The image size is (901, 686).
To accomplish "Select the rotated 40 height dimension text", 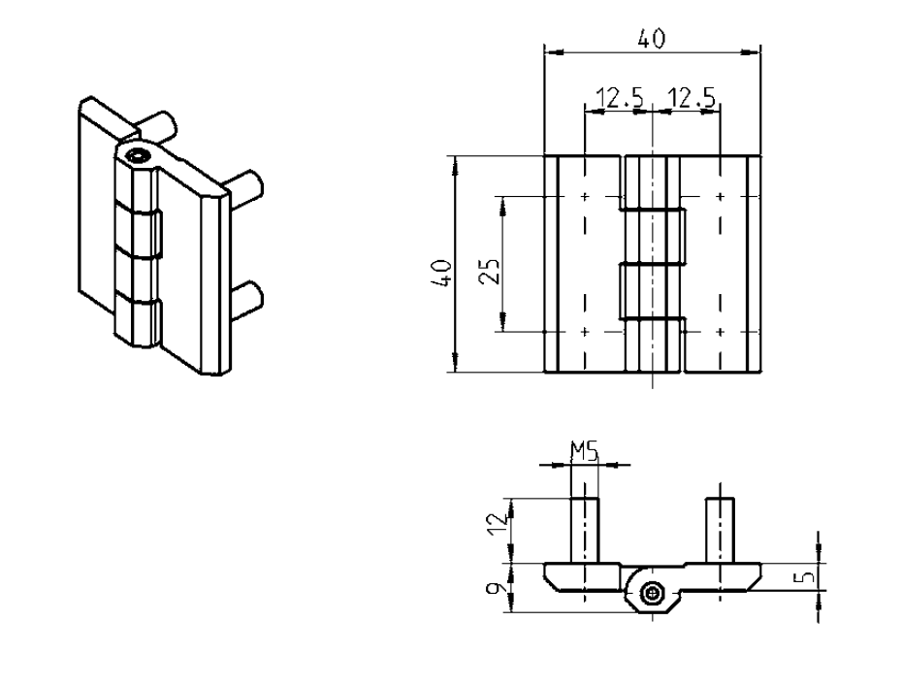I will [443, 271].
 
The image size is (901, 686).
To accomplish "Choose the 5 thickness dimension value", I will [805, 578].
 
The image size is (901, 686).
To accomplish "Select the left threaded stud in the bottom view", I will [584, 529].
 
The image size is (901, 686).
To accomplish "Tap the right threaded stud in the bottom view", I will [719, 529].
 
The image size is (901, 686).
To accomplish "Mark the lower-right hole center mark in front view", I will [720, 332].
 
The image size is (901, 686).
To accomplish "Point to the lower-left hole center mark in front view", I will [585, 332].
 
